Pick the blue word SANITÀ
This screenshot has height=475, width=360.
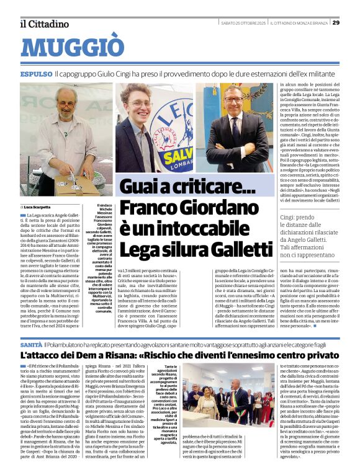tap(31, 344)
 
